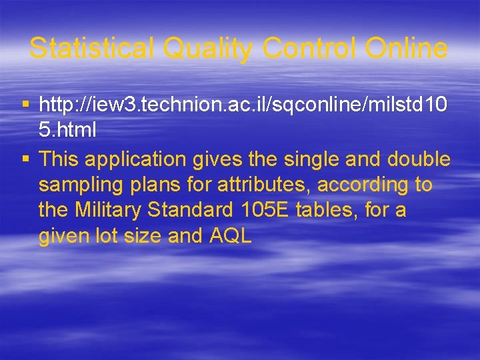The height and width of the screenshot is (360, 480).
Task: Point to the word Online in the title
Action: (x=405, y=49)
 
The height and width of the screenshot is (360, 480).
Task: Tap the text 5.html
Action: (x=67, y=131)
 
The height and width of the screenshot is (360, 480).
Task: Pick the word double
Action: (x=419, y=160)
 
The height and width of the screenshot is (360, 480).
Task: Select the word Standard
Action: (x=190, y=211)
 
